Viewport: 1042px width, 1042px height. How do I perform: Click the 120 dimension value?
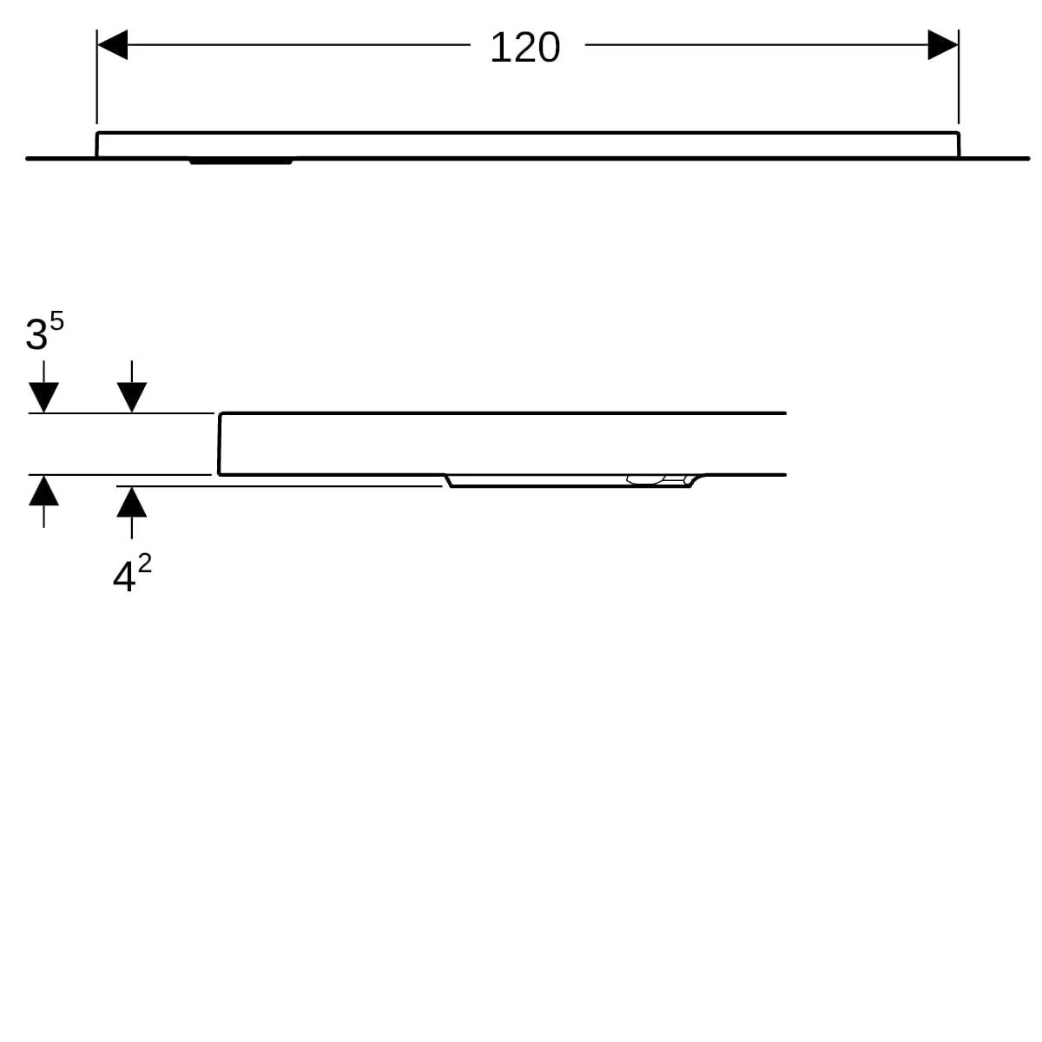pyautogui.click(x=524, y=47)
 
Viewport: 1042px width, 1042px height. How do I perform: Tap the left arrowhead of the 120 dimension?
pyautogui.click(x=112, y=44)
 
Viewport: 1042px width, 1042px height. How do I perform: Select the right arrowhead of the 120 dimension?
pyautogui.click(x=943, y=44)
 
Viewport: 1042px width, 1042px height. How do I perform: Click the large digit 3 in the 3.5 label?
pyautogui.click(x=36, y=334)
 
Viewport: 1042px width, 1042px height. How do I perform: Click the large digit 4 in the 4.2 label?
pyautogui.click(x=123, y=577)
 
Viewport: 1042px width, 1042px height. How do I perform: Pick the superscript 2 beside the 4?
pyautogui.click(x=144, y=564)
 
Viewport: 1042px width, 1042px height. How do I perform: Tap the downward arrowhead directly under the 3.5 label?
pyautogui.click(x=43, y=397)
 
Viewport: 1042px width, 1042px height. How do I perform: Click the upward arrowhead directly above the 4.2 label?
pyautogui.click(x=131, y=502)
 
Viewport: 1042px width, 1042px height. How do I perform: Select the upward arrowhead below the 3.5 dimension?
pyautogui.click(x=43, y=491)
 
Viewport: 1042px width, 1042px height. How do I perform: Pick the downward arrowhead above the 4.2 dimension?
pyautogui.click(x=131, y=397)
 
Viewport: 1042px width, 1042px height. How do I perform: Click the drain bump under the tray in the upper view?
pyautogui.click(x=241, y=162)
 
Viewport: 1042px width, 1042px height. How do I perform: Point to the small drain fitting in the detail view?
pyautogui.click(x=656, y=479)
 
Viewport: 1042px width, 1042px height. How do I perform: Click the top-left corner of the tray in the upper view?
pyautogui.click(x=97, y=133)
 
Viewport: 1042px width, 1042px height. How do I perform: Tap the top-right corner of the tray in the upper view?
pyautogui.click(x=958, y=133)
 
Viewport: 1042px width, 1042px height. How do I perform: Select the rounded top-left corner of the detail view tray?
pyautogui.click(x=221, y=414)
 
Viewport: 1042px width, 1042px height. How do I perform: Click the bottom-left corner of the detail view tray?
pyautogui.click(x=219, y=474)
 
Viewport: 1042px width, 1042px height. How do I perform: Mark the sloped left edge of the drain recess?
pyautogui.click(x=449, y=481)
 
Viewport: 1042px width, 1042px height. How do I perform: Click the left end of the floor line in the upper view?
pyautogui.click(x=27, y=158)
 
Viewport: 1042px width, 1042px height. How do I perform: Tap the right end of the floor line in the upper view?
pyautogui.click(x=1027, y=158)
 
